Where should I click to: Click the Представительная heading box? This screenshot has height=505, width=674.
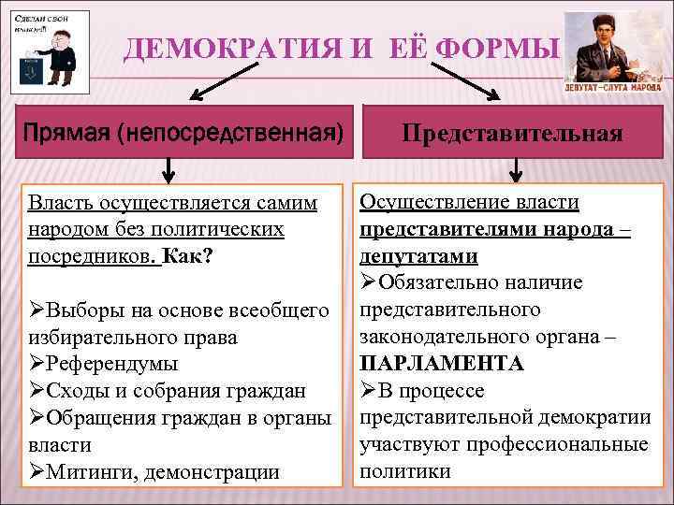point(513,133)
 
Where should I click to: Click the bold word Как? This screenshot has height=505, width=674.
point(187,255)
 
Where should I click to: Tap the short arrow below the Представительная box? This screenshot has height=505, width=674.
point(515,169)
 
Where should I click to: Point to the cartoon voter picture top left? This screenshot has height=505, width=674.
point(50,51)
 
